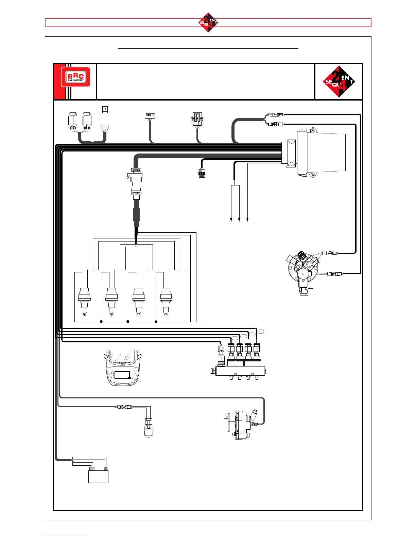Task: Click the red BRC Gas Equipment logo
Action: click(x=75, y=77)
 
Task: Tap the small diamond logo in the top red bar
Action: click(x=208, y=22)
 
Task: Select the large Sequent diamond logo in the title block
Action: click(x=339, y=82)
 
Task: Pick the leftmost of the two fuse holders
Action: click(x=73, y=121)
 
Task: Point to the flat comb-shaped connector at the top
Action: click(x=150, y=116)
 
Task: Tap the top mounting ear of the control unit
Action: click(x=312, y=130)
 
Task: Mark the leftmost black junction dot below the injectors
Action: click(x=101, y=321)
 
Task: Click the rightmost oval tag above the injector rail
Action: click(x=260, y=331)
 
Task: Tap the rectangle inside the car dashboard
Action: click(x=122, y=375)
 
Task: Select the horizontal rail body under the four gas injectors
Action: click(x=240, y=371)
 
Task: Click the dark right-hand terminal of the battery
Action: click(x=106, y=469)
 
